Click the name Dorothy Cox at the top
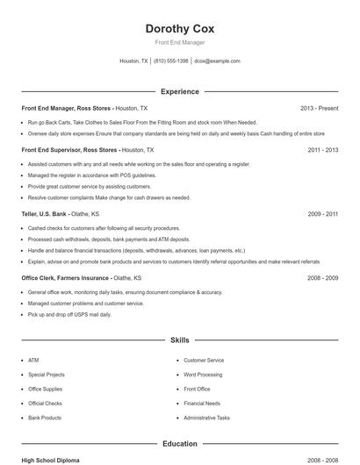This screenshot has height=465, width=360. (179, 28)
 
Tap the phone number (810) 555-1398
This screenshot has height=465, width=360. (170, 61)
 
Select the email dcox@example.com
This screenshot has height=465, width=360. (217, 61)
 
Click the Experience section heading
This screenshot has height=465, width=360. (179, 91)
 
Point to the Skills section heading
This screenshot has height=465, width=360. (179, 339)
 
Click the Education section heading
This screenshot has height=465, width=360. (179, 444)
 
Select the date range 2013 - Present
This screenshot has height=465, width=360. (319, 108)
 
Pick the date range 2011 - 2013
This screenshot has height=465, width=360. (322, 150)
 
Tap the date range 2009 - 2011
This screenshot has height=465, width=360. (322, 213)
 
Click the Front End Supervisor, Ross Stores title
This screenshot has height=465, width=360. (69, 150)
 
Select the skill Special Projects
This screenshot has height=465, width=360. (46, 375)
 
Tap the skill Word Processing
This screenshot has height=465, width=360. (203, 375)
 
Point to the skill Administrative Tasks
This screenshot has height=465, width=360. (206, 418)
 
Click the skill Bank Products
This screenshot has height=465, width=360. (44, 418)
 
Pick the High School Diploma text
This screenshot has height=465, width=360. (50, 460)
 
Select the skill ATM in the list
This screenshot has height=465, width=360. (33, 360)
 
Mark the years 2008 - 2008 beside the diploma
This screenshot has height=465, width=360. (322, 460)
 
